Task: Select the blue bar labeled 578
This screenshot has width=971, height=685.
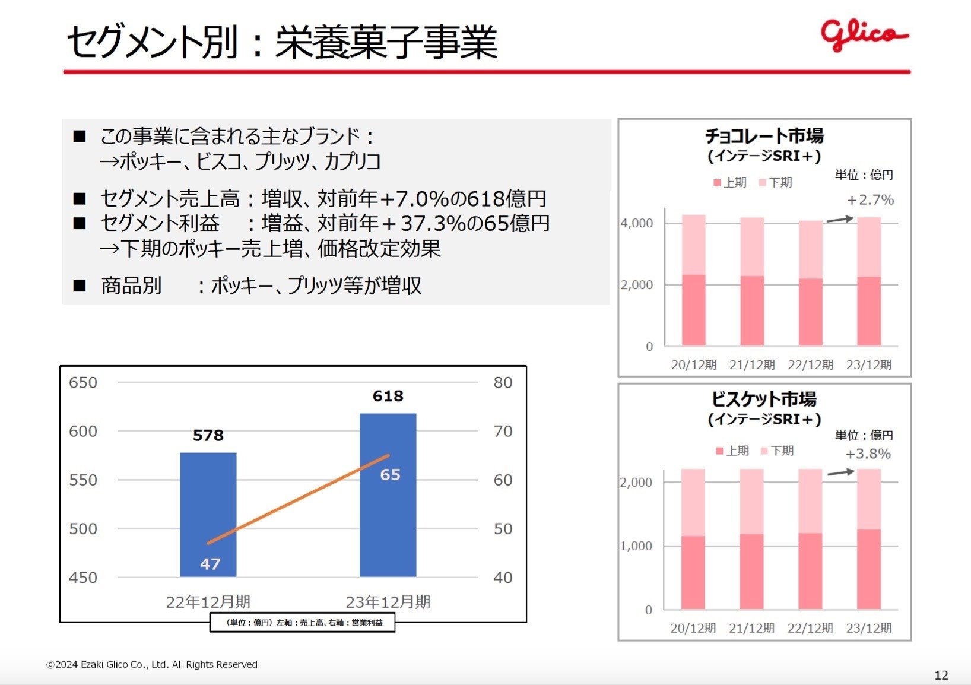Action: [208, 514]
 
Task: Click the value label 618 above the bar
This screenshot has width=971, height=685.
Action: [388, 396]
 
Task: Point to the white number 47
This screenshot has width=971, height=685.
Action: [210, 564]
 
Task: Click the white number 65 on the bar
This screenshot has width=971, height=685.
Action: [390, 475]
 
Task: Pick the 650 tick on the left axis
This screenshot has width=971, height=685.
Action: [82, 383]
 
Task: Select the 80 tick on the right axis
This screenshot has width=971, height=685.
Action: [503, 383]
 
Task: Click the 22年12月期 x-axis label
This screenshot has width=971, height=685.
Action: [208, 602]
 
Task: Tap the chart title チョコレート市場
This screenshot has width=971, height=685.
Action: [764, 136]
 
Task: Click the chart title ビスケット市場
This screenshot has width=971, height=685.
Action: [764, 399]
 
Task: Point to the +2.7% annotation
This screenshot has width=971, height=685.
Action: [870, 200]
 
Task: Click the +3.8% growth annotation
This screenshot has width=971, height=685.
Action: [868, 454]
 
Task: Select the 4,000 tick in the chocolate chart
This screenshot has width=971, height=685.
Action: [636, 223]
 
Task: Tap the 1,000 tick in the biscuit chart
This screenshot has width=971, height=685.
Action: [636, 546]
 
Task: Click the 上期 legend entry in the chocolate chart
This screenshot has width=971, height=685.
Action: [731, 183]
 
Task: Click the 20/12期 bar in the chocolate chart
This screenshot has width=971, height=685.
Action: [693, 280]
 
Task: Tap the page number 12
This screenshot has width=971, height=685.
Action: [941, 675]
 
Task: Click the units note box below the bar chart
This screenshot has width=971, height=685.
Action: [302, 623]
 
